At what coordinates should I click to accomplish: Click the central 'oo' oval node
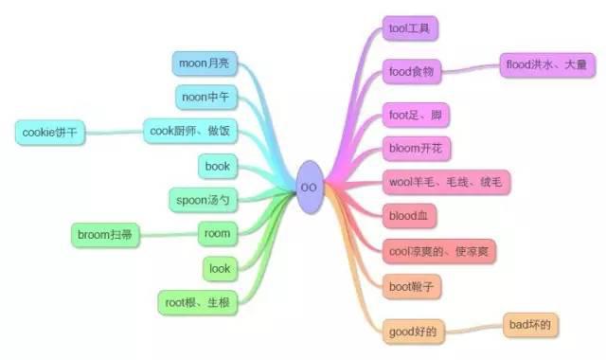pos(309,187)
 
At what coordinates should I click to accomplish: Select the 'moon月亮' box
pos(205,63)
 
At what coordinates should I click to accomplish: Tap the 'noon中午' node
pos(205,97)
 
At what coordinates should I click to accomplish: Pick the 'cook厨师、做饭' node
pos(191,130)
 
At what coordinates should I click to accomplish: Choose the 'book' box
pos(218,166)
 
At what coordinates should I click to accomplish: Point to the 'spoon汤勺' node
pos(203,199)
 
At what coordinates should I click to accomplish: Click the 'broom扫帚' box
pos(104,232)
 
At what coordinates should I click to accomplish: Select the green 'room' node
pos(217,232)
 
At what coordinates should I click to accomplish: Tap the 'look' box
pos(220,268)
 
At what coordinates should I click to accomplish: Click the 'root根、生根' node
pos(195,303)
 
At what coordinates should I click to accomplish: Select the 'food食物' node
pos(412,71)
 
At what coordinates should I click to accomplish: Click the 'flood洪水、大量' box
pos(547,65)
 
